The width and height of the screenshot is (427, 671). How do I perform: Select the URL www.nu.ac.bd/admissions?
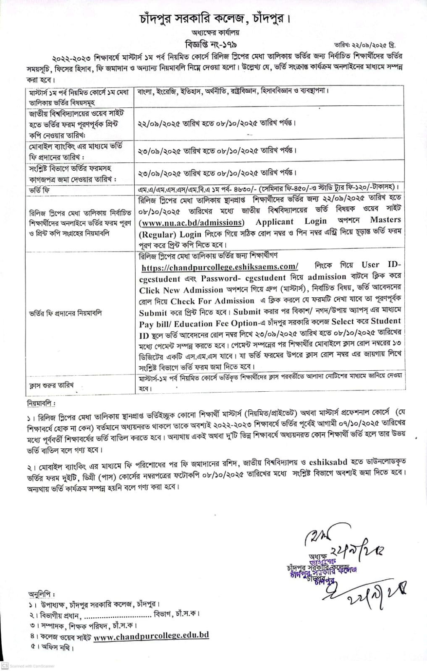pyautogui.click(x=191, y=222)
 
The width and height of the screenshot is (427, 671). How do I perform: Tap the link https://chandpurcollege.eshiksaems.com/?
pyautogui.click(x=220, y=267)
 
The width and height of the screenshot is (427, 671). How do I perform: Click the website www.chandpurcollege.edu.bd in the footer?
pyautogui.click(x=151, y=636)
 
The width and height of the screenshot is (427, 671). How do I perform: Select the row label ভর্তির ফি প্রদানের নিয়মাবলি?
pyautogui.click(x=65, y=313)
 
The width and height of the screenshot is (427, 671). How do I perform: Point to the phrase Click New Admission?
pyautogui.click(x=181, y=290)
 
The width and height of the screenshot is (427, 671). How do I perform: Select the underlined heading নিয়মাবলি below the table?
pyautogui.click(x=41, y=403)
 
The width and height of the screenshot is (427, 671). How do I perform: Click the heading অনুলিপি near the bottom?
pyautogui.click(x=42, y=594)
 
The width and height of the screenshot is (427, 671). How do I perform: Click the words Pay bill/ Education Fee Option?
pyautogui.click(x=198, y=324)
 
